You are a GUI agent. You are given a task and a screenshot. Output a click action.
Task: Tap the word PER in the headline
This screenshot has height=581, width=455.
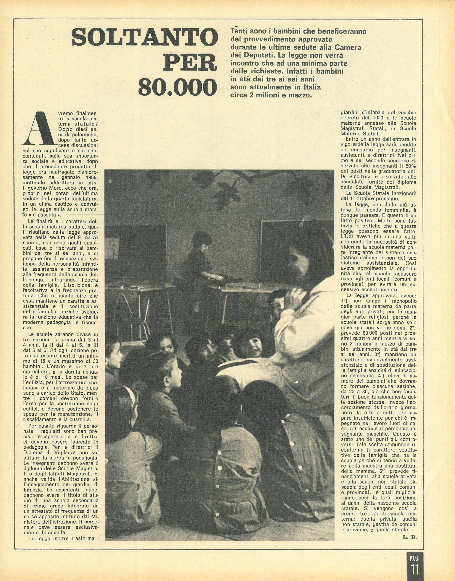[x=190, y=63]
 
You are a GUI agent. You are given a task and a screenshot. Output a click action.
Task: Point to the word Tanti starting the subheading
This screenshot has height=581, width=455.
[x=238, y=31]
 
